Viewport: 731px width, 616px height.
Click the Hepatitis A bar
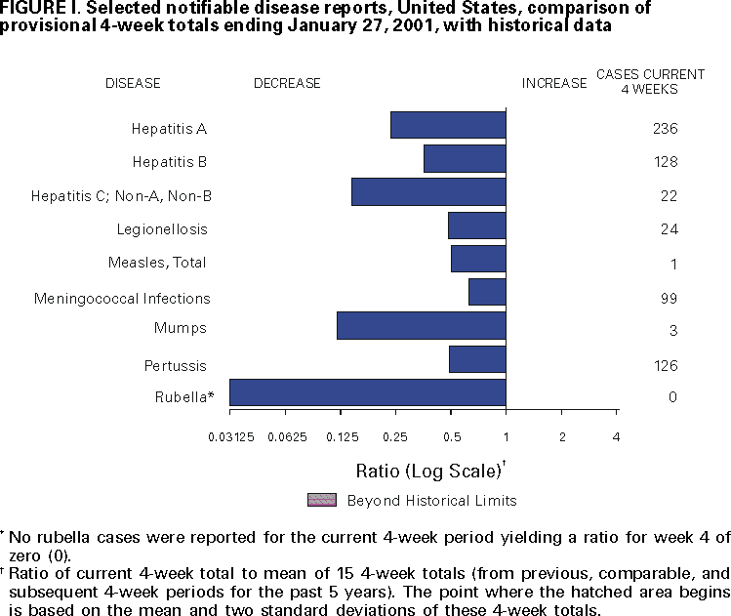click(448, 125)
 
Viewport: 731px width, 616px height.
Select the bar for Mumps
click(421, 325)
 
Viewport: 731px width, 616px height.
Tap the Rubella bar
click(367, 392)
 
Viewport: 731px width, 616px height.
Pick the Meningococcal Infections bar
click(487, 292)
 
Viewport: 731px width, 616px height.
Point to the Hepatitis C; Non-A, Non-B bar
click(428, 191)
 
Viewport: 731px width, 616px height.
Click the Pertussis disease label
click(181, 365)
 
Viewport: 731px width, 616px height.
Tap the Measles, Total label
click(157, 263)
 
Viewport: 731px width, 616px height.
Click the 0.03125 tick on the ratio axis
click(229, 436)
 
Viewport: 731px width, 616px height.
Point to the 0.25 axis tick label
click(395, 436)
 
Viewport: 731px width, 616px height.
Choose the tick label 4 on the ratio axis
click(616, 436)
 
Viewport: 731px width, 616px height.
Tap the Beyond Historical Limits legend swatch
click(322, 500)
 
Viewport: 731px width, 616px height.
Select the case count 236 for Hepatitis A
click(665, 129)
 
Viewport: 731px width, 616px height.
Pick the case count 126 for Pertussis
click(665, 366)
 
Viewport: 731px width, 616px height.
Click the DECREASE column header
click(287, 84)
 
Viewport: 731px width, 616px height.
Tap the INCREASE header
click(554, 84)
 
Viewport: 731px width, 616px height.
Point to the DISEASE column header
click(133, 84)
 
